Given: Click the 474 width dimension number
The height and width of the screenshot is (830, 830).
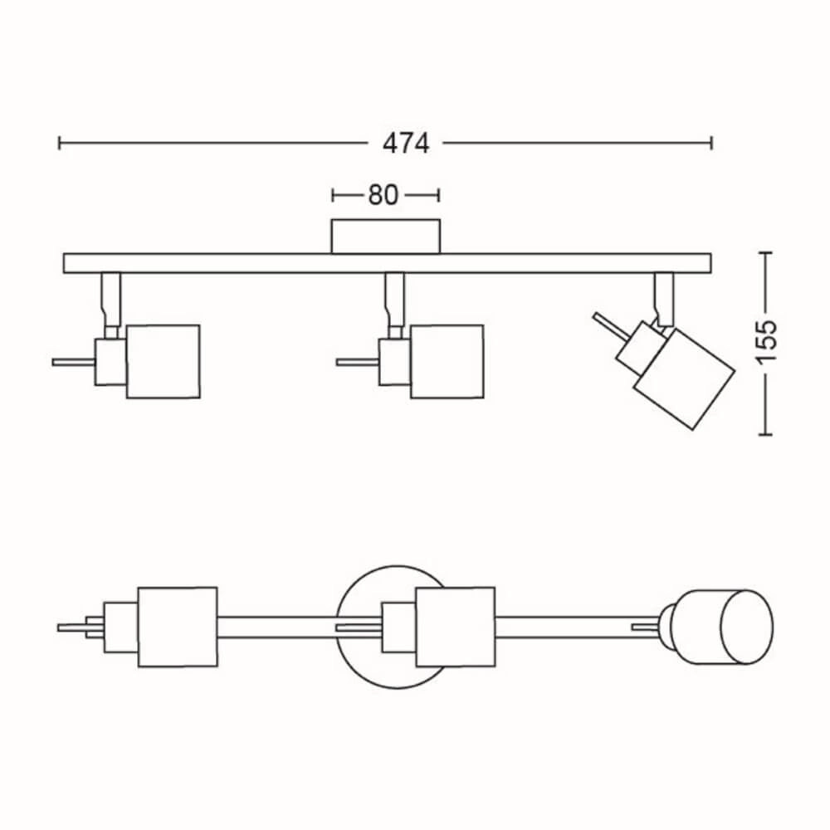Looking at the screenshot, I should (x=406, y=144).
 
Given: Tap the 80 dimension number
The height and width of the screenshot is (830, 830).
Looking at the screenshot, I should (x=383, y=195).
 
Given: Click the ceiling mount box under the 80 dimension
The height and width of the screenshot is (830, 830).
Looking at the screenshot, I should (x=385, y=236).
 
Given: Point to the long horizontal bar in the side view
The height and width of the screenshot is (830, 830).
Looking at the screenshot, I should (x=387, y=263).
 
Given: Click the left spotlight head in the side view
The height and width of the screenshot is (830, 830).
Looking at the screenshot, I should (x=163, y=361).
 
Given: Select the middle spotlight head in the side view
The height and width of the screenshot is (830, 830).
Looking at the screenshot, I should (x=447, y=361).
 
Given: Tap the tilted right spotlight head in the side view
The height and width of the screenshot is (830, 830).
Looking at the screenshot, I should (x=684, y=378).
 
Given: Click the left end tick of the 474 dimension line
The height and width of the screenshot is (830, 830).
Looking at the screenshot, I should (x=60, y=144).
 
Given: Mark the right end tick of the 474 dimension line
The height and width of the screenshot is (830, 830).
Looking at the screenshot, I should (x=711, y=144).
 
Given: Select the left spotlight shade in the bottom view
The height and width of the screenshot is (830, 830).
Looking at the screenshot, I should (x=177, y=627).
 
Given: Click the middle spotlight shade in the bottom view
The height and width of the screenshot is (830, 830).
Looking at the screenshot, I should (x=455, y=627).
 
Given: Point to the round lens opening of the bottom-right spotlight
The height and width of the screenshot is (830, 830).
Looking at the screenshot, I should (x=745, y=627).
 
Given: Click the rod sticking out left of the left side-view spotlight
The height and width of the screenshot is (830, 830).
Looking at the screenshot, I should (x=73, y=362).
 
